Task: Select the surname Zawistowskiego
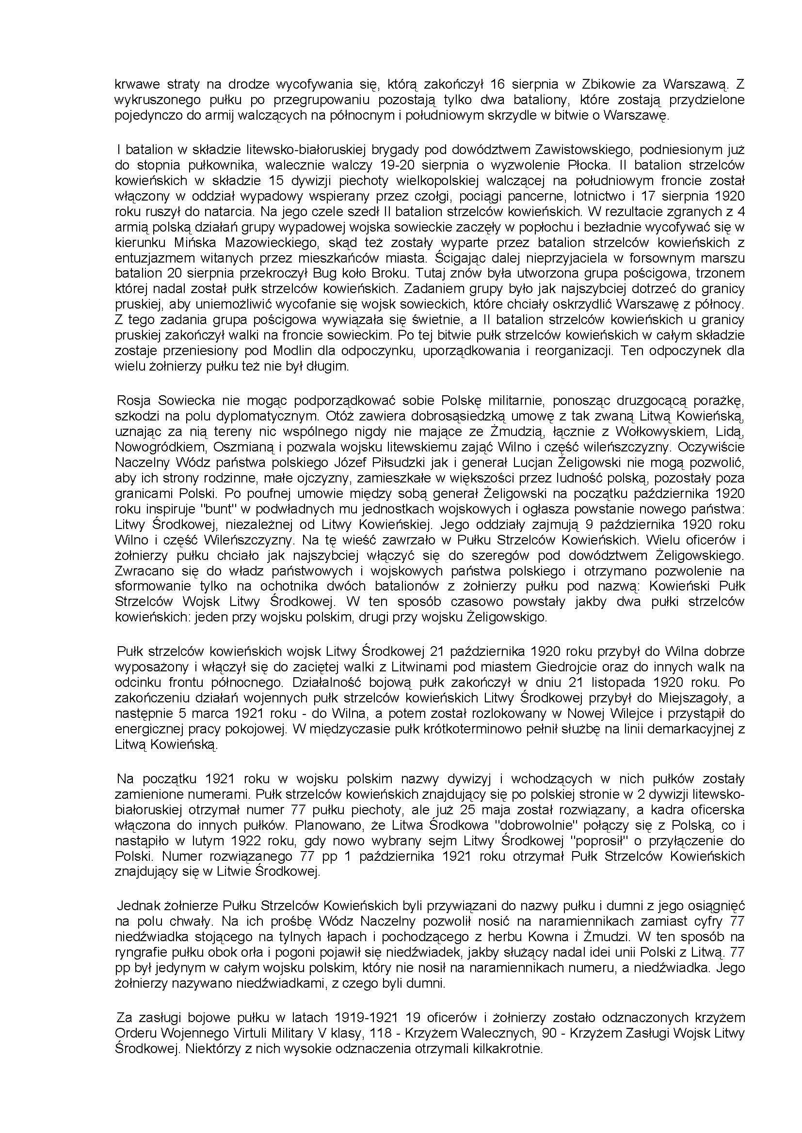(582, 150)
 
